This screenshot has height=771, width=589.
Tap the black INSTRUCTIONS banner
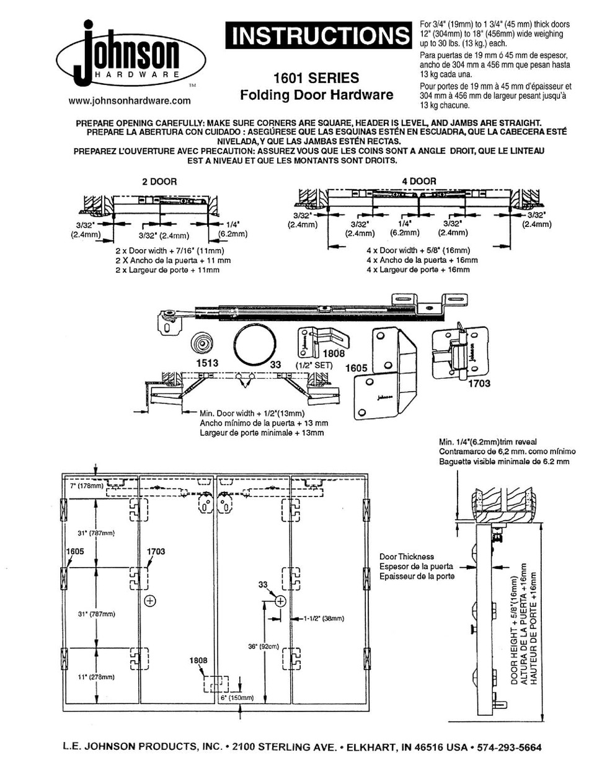click(317, 37)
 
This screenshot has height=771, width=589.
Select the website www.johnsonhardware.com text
click(129, 100)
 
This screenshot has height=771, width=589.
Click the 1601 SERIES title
click(316, 78)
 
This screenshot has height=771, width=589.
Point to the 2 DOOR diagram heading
click(159, 182)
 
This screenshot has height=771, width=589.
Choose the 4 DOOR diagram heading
click(418, 181)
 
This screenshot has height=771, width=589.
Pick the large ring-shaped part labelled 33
click(254, 346)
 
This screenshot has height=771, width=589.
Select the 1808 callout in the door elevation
click(198, 661)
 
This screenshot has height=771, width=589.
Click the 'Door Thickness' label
click(407, 557)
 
